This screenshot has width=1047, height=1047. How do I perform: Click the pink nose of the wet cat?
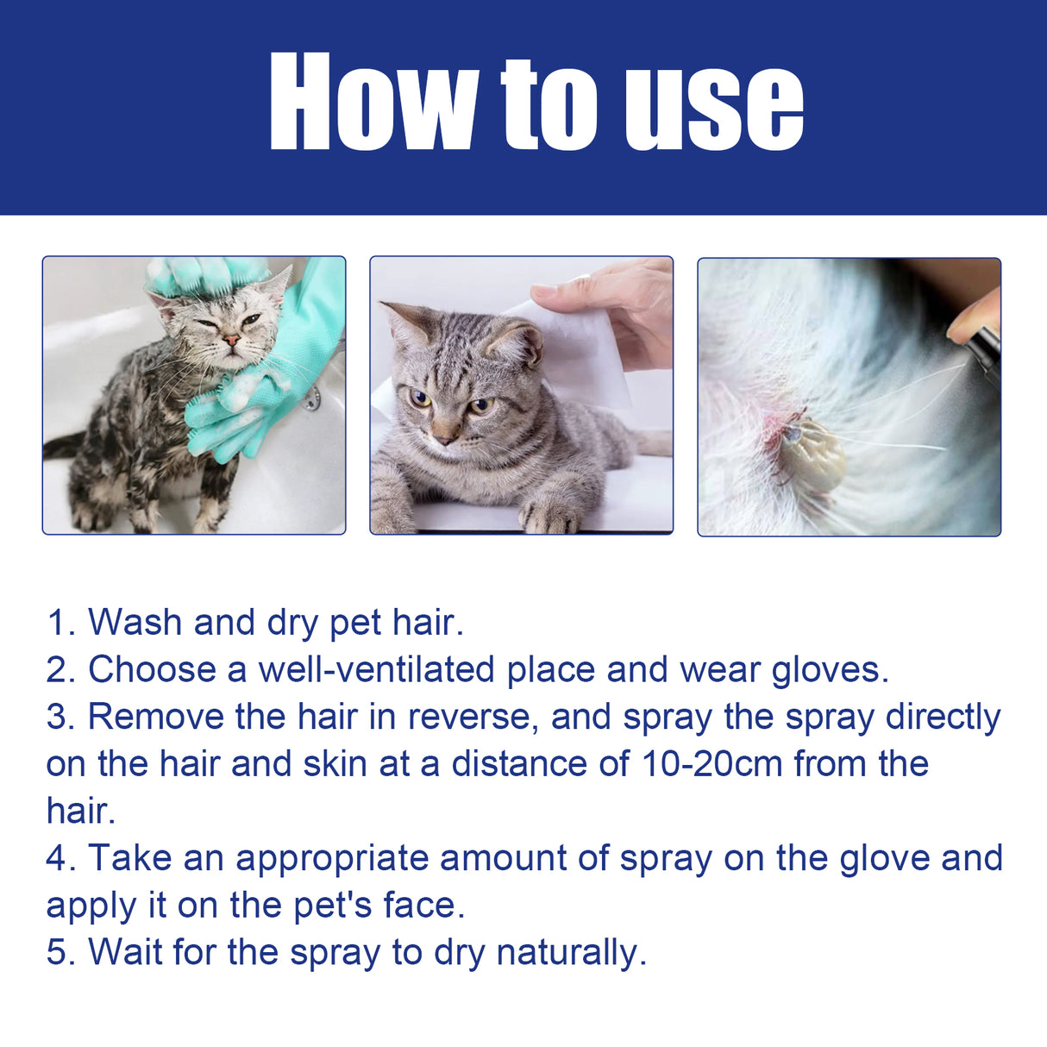click(x=231, y=340)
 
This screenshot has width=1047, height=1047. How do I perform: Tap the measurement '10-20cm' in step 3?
click(x=712, y=763)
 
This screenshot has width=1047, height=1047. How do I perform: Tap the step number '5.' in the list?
click(x=61, y=952)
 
